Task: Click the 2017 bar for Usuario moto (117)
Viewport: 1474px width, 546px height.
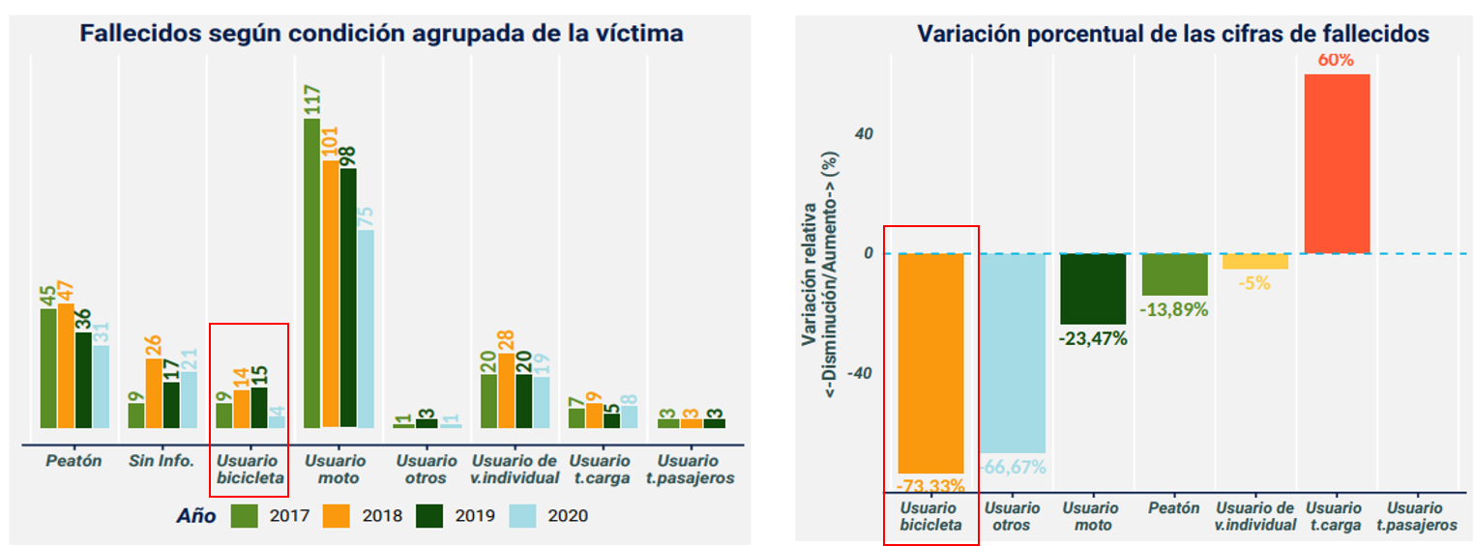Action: (312, 273)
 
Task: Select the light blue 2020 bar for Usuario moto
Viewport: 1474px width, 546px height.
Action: (366, 329)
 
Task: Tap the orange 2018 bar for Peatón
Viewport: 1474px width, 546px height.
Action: (66, 365)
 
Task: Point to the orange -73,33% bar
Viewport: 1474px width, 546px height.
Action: (930, 362)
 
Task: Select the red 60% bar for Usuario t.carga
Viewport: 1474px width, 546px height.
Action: (1337, 163)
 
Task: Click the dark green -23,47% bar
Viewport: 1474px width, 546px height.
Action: (1093, 289)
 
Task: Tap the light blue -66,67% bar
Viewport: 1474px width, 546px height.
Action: (1013, 353)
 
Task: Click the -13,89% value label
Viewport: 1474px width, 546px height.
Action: (1175, 310)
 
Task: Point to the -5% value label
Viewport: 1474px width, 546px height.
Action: (1255, 283)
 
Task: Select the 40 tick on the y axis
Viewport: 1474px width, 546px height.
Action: (864, 133)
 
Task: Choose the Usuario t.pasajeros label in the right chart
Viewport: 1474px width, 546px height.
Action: (1417, 516)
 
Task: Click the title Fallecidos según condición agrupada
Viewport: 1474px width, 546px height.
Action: (381, 34)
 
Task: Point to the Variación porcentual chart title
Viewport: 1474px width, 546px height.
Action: (1172, 34)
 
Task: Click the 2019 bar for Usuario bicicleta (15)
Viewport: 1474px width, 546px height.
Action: (259, 407)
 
